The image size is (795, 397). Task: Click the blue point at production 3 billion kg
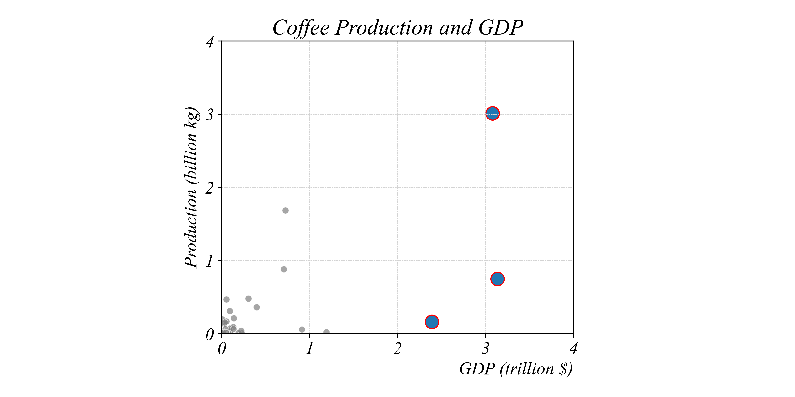click(492, 113)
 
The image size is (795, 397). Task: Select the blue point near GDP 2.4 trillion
click(432, 322)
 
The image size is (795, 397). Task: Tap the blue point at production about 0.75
click(497, 279)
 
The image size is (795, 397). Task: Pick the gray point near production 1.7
click(285, 211)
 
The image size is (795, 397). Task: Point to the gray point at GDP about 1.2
click(326, 332)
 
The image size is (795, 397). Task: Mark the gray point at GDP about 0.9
click(302, 330)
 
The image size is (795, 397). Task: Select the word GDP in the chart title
click(501, 28)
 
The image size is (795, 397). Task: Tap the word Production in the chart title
click(384, 28)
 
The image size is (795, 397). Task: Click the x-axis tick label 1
click(309, 349)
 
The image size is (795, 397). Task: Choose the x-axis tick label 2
click(397, 349)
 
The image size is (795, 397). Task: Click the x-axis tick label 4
click(573, 349)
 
